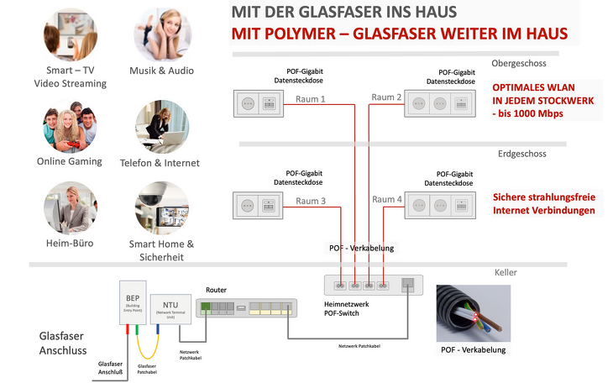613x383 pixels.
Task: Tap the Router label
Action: (x=216, y=289)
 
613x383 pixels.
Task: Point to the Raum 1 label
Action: (x=311, y=99)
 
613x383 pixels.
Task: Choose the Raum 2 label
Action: (x=387, y=99)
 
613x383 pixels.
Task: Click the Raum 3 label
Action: (x=311, y=201)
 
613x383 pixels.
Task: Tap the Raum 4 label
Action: (x=387, y=200)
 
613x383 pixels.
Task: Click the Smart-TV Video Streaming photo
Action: (x=71, y=34)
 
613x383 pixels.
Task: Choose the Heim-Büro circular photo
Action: (x=71, y=207)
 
